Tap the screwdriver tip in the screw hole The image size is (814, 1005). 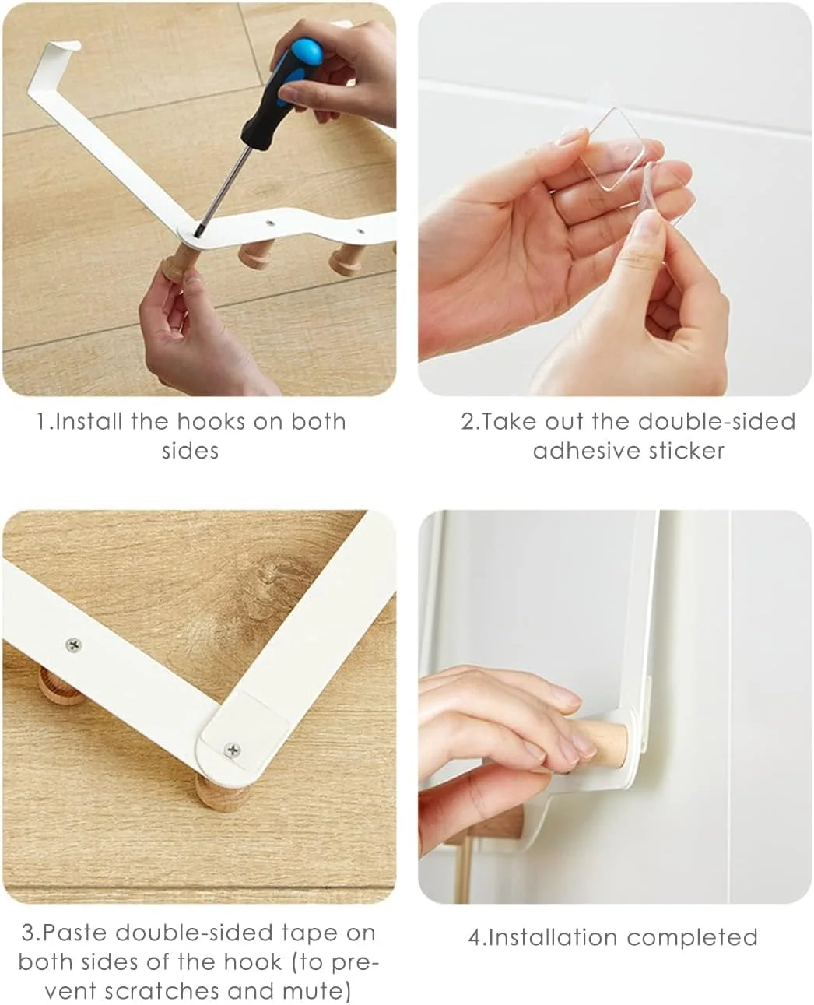196,231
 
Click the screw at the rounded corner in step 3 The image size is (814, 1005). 232,749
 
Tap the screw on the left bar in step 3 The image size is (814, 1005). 73,644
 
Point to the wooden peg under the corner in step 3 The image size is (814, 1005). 223,794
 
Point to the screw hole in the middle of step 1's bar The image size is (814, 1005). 271,222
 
